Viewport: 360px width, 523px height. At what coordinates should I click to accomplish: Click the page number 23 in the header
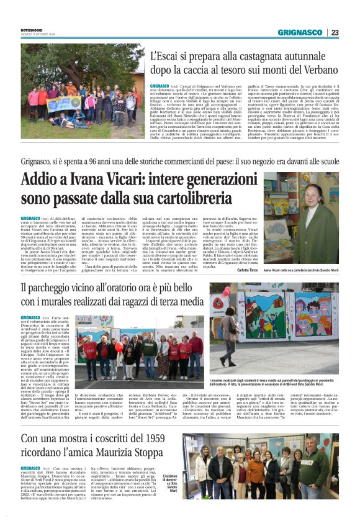coord(335,32)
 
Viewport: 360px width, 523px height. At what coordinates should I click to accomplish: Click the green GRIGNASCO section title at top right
coord(300,32)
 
